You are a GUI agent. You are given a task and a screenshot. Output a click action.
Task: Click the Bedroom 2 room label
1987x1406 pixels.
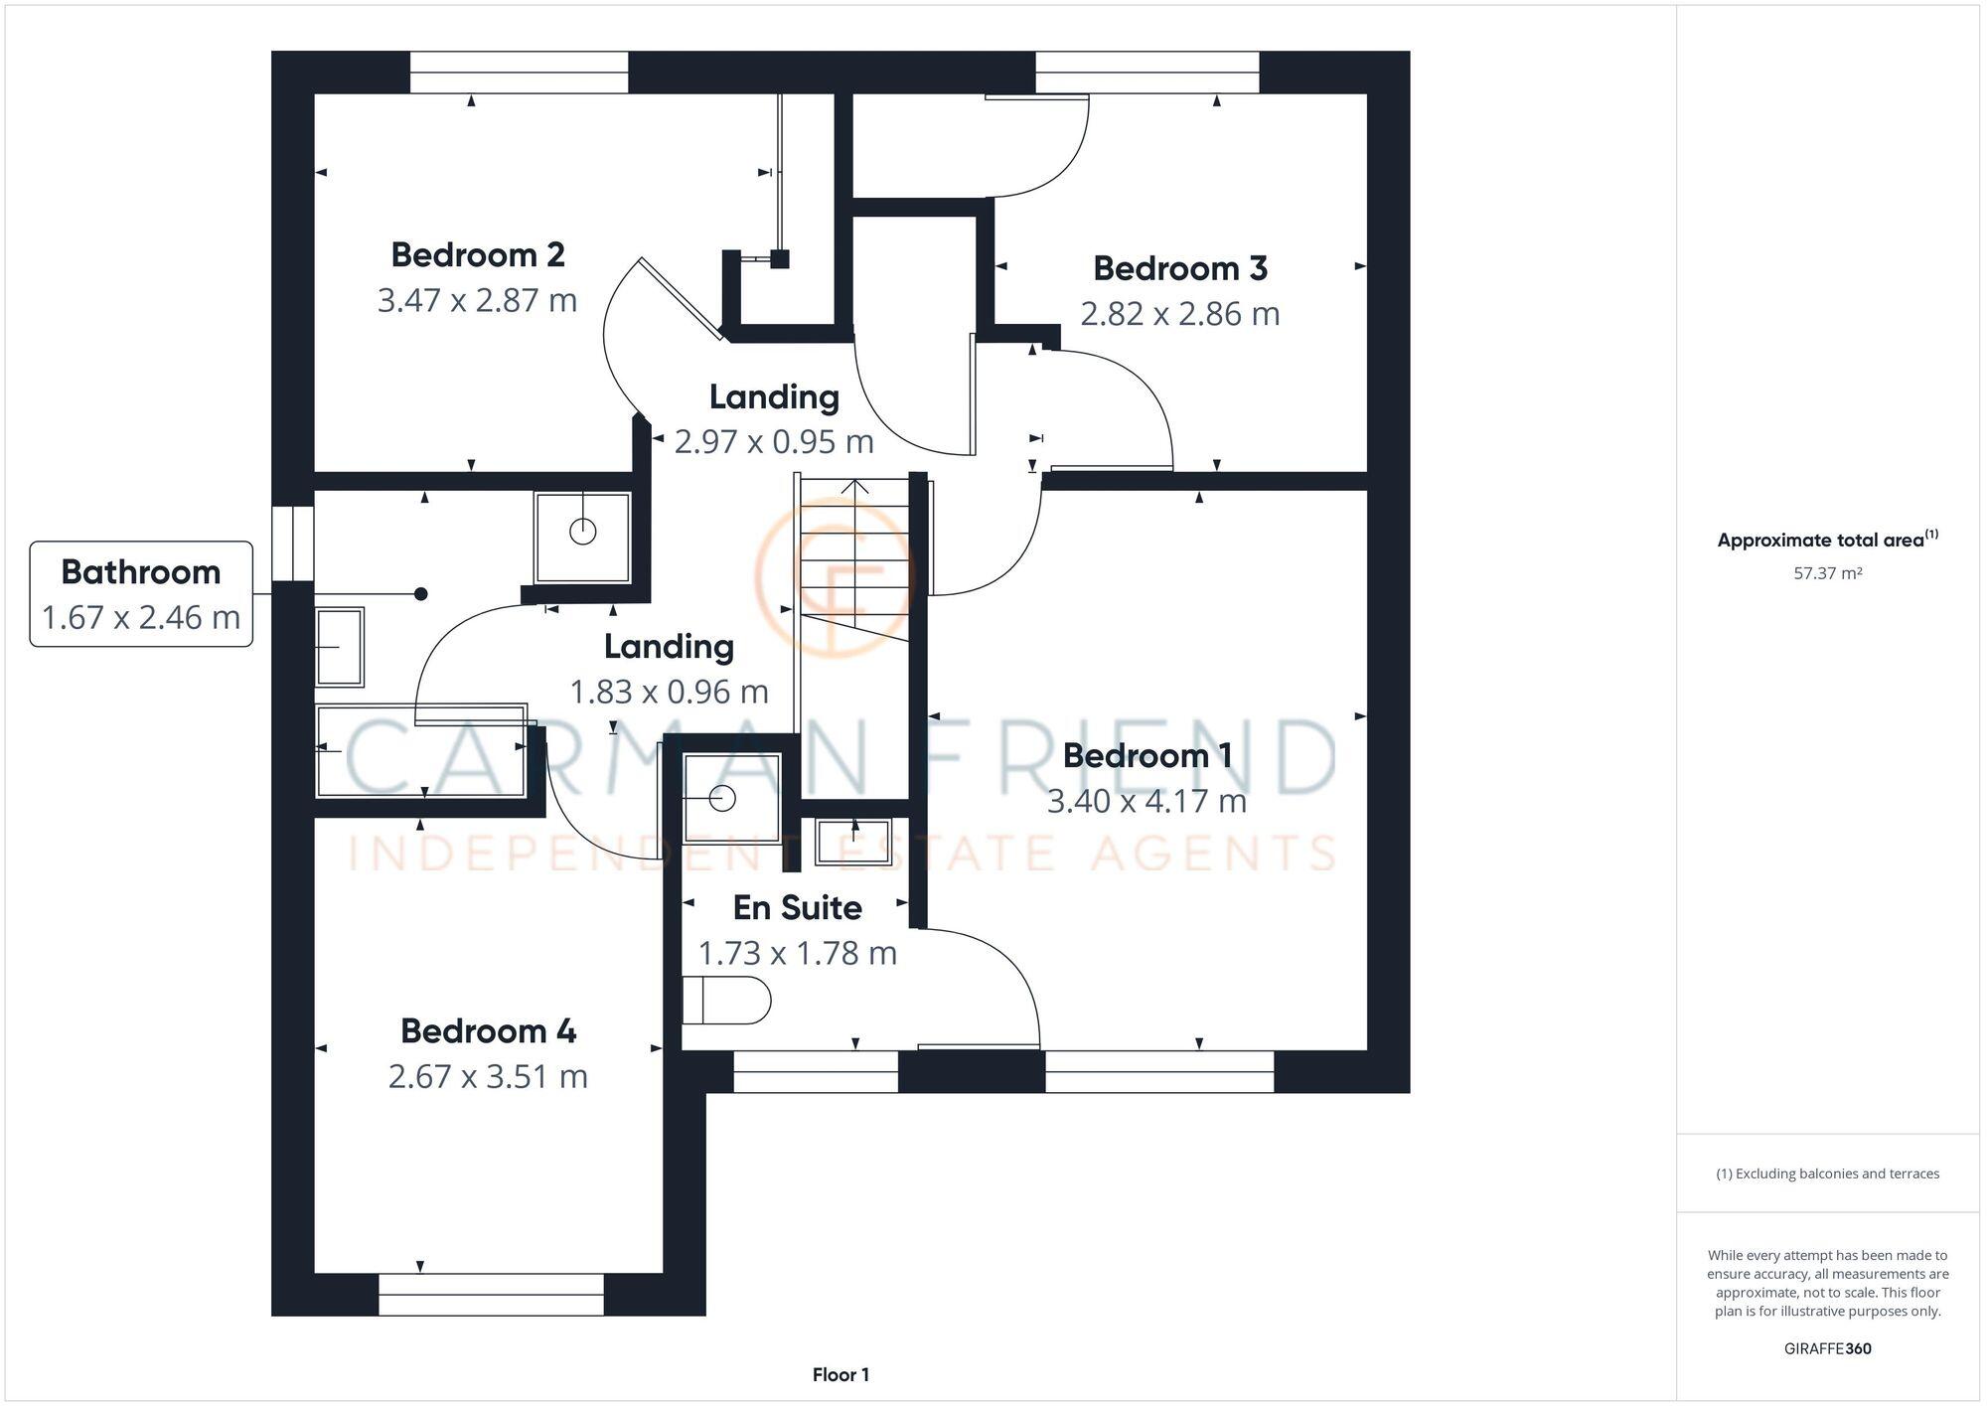tap(478, 255)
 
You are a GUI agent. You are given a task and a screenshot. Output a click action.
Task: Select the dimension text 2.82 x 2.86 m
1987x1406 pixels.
tap(1179, 314)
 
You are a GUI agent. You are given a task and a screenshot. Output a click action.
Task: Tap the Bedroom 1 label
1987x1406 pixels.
tap(1147, 756)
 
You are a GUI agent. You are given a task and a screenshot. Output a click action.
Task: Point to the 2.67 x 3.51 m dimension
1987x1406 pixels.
tap(488, 1076)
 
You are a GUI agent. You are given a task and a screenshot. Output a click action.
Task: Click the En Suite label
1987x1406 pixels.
tap(797, 907)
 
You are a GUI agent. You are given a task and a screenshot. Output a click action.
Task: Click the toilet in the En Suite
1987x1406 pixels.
tap(726, 1000)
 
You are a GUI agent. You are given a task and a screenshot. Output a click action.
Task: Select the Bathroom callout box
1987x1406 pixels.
tap(141, 594)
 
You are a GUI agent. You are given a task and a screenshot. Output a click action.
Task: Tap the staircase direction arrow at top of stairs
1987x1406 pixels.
tap(855, 487)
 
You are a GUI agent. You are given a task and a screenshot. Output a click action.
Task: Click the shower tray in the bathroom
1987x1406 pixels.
tap(582, 538)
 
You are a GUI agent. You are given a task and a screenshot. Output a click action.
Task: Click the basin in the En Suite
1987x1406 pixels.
tap(852, 841)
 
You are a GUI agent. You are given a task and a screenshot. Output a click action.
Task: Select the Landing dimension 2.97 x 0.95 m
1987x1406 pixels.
tap(774, 441)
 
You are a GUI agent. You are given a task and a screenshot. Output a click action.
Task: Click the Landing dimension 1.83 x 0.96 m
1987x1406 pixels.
tap(669, 692)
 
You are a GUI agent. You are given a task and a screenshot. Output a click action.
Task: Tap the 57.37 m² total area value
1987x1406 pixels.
tap(1827, 573)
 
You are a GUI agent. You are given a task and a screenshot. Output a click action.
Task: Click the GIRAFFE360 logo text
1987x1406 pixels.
tap(1827, 1348)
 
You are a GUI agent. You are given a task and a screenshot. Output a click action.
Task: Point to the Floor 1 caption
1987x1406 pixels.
tap(841, 1375)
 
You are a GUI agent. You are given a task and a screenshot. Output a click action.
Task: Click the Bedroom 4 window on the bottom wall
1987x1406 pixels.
tap(491, 1295)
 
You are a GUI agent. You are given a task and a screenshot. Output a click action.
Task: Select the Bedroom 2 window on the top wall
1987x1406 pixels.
tap(519, 73)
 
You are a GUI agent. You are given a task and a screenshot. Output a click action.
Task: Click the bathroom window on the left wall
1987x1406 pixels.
tap(293, 544)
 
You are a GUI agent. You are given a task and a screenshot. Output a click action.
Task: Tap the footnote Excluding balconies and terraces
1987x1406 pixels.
tap(1827, 1173)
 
